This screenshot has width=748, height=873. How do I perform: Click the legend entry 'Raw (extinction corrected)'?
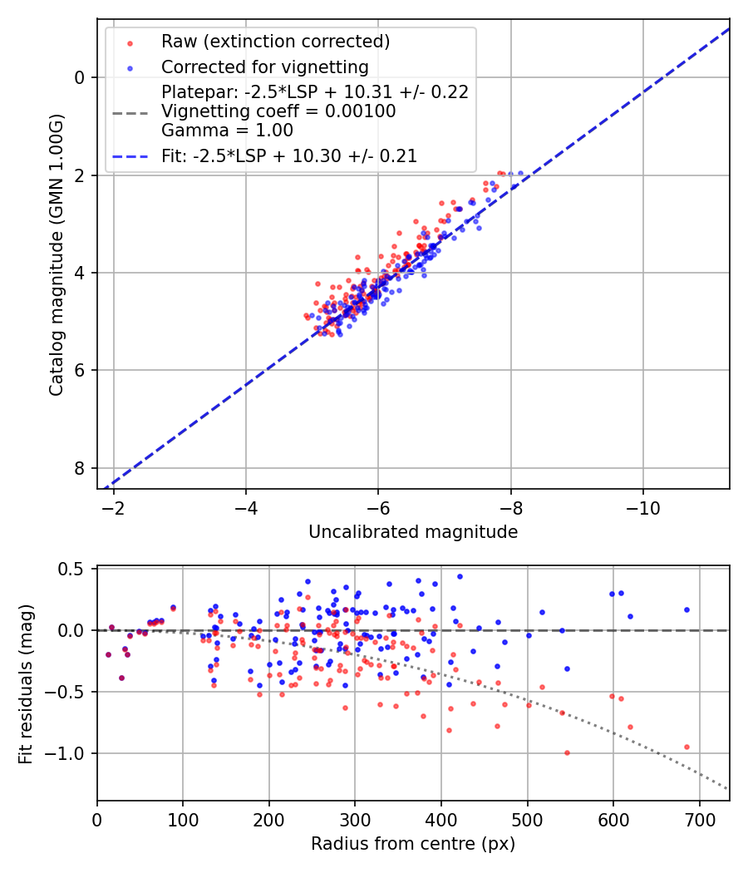275,42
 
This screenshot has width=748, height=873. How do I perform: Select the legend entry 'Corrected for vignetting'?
264,67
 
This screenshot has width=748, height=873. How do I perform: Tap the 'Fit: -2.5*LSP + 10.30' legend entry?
289,155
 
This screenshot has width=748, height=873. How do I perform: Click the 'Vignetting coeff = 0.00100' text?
278,111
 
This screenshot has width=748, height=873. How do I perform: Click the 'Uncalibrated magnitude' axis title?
413,532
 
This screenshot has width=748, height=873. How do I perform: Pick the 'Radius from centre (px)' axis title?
413,844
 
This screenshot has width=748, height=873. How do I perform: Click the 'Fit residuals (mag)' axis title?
26,683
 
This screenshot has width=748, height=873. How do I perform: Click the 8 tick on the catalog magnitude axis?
81,468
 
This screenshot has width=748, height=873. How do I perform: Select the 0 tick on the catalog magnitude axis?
81,77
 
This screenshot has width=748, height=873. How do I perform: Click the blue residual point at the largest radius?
686,609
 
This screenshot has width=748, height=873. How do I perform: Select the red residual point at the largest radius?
686,747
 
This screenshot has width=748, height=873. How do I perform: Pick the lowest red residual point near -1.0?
567,752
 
